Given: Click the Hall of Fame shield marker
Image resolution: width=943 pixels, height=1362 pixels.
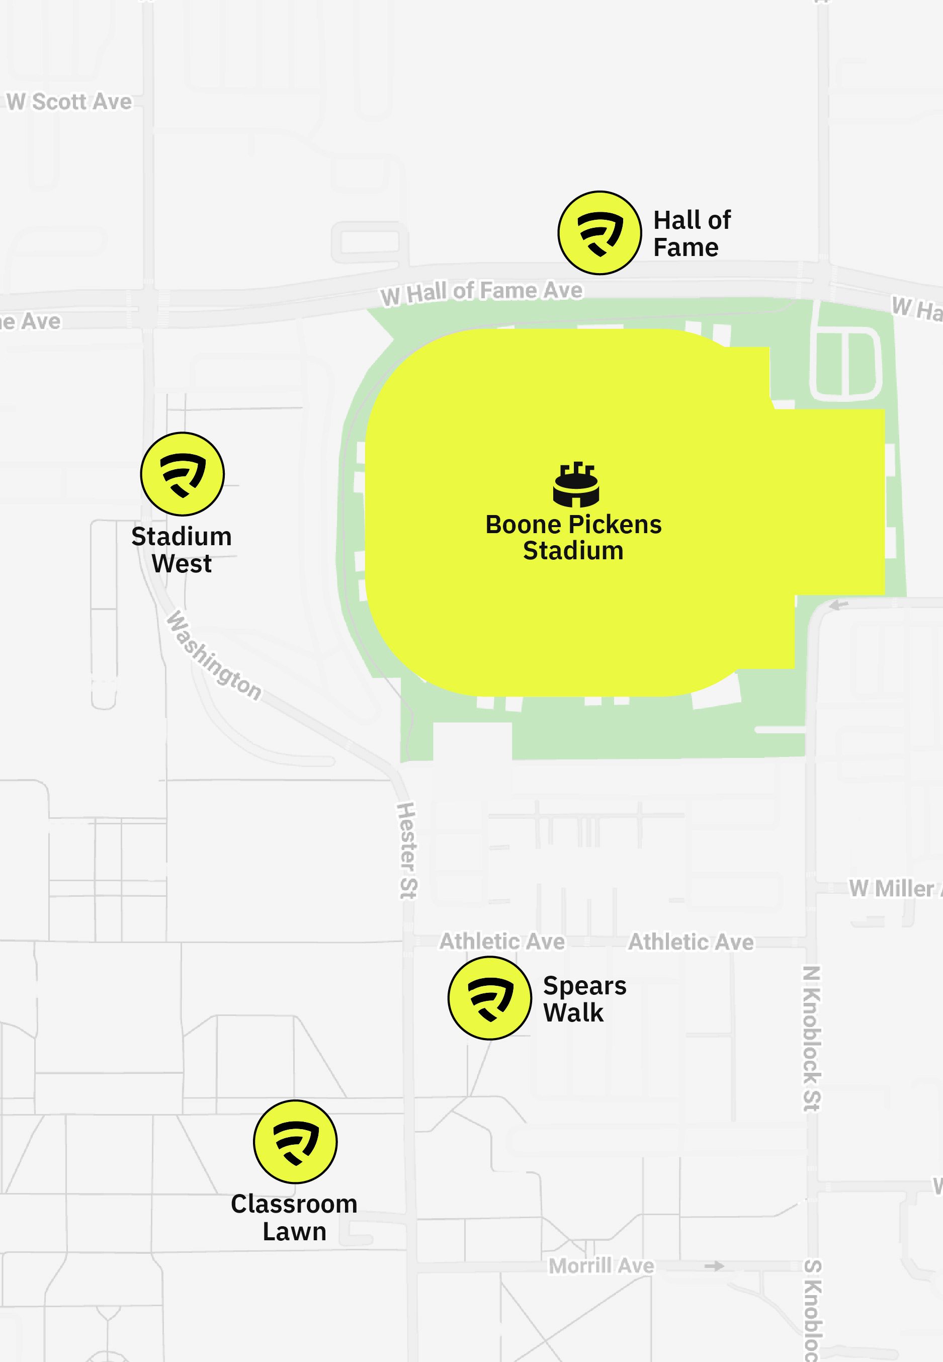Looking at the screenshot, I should pos(599,233).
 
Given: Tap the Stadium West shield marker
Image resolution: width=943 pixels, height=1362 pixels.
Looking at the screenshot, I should pos(182,474).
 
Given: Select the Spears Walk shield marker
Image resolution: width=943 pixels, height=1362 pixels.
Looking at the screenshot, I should pos(489,998).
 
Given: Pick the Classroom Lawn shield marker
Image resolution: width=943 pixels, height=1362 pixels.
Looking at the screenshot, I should pos(295,1141).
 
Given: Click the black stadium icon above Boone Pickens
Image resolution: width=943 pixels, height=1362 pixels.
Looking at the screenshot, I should pos(576,484).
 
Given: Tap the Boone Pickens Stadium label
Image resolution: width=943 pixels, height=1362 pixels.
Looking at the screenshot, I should pos(573,537).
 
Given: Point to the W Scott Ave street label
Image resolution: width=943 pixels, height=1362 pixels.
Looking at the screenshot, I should pos(69,102).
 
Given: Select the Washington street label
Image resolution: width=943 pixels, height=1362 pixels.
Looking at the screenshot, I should pos(213,656).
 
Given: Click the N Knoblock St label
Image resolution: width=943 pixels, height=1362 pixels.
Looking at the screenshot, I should pos(812,1038).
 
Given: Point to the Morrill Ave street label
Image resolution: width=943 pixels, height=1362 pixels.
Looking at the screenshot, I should pos(601,1266).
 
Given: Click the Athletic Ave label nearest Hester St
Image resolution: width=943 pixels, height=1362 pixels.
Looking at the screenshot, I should pos(501,942).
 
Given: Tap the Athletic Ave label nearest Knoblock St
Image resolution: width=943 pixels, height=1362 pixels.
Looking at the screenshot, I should pos(690,942).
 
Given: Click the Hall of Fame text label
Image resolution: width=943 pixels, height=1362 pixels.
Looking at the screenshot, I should pos(692,233).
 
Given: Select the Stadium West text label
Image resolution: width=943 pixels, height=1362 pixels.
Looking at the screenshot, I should pos(182,550).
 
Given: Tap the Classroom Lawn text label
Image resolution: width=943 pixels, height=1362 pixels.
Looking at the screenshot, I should pos(294,1217).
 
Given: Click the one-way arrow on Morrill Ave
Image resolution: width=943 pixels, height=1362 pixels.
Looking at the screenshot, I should pos(714,1266).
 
